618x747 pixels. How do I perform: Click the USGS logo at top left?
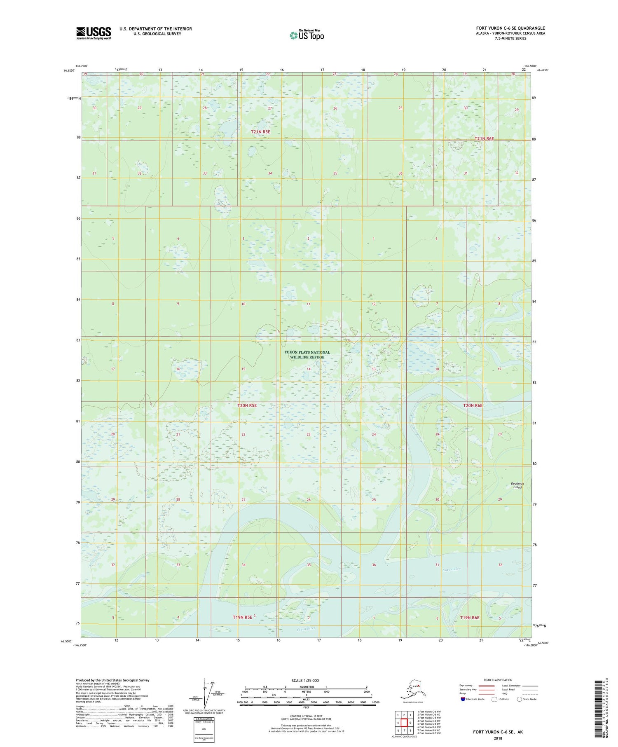click(94, 33)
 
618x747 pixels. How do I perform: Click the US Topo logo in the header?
click(307, 35)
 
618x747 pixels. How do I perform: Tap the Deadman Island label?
click(517, 485)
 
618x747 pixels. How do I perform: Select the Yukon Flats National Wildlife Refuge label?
click(307, 355)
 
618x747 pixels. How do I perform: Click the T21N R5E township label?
click(261, 132)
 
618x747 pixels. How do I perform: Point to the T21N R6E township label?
click(484, 139)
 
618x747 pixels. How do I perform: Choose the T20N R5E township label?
click(247, 405)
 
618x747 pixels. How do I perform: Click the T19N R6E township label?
click(470, 618)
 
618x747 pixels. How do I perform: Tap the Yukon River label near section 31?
click(452, 570)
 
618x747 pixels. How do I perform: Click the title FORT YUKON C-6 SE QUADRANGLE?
click(510, 28)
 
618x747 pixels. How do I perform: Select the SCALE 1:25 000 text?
click(305, 681)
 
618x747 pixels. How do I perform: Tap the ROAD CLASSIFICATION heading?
click(498, 680)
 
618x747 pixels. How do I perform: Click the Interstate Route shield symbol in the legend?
click(463, 699)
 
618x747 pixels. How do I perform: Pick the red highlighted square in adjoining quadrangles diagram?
click(404, 723)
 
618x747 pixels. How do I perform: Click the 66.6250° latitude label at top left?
click(70, 70)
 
